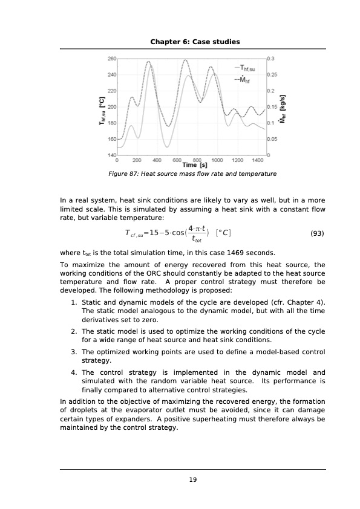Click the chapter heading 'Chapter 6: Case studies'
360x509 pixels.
pyautogui.click(x=195, y=42)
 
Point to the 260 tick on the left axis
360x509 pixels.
pyautogui.click(x=112, y=59)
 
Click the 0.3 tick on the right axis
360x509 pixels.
pyautogui.click(x=270, y=59)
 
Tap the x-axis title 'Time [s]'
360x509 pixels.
pyautogui.click(x=194, y=165)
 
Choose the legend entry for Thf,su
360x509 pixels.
pyautogui.click(x=246, y=68)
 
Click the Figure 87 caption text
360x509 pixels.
pyautogui.click(x=192, y=174)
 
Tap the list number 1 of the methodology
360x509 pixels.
pyautogui.click(x=73, y=302)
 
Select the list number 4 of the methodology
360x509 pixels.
pyautogui.click(x=73, y=372)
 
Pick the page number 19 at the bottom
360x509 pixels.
pyautogui.click(x=193, y=480)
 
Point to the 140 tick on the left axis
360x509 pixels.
pyautogui.click(x=112, y=155)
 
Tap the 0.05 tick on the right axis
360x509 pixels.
pyautogui.click(x=272, y=139)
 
